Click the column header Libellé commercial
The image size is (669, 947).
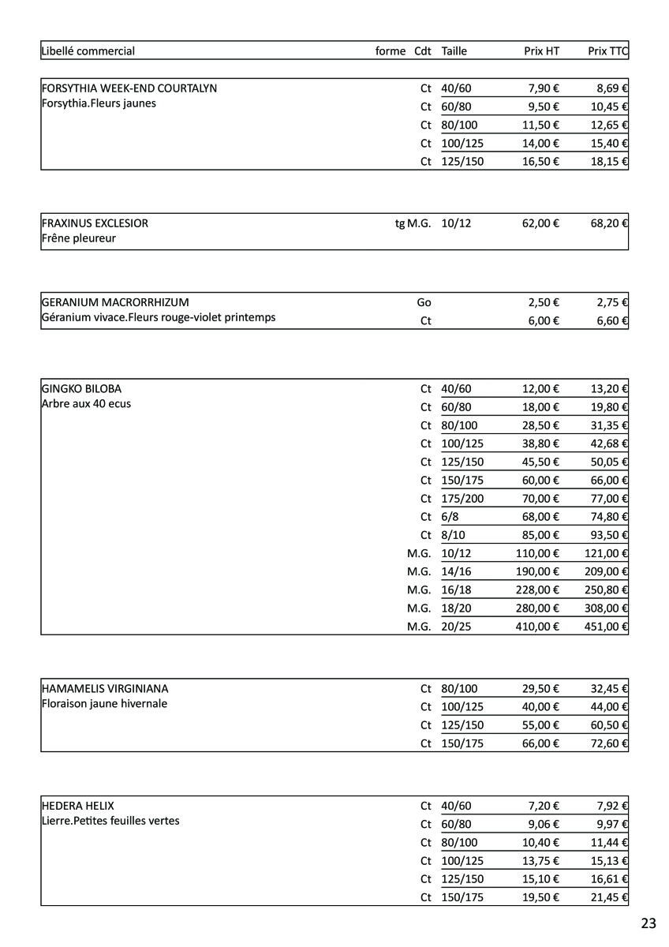pyautogui.click(x=88, y=51)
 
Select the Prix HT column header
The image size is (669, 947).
pyautogui.click(x=541, y=51)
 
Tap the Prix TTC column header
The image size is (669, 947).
pyautogui.click(x=607, y=51)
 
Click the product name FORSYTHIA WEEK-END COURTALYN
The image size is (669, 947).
pyautogui.click(x=129, y=88)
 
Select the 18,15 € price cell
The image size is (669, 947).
pyautogui.click(x=609, y=162)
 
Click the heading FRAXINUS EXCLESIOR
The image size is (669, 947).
pyautogui.click(x=95, y=223)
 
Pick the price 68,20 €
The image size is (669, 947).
pyautogui.click(x=609, y=223)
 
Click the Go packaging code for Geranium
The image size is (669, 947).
pyautogui.click(x=424, y=302)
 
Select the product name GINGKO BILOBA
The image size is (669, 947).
pyautogui.click(x=81, y=389)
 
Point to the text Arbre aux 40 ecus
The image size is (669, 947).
pyautogui.click(x=86, y=404)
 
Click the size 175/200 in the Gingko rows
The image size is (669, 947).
pyautogui.click(x=462, y=499)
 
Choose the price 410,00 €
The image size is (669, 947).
pyautogui.click(x=537, y=627)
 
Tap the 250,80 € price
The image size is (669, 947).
pyautogui.click(x=606, y=590)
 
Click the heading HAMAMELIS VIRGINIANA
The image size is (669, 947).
pyautogui.click(x=104, y=689)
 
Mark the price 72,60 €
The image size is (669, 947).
pyautogui.click(x=609, y=743)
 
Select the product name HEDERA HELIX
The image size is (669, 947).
pyautogui.click(x=77, y=807)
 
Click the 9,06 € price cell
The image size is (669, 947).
pyautogui.click(x=544, y=825)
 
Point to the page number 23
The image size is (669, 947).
pyautogui.click(x=648, y=924)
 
